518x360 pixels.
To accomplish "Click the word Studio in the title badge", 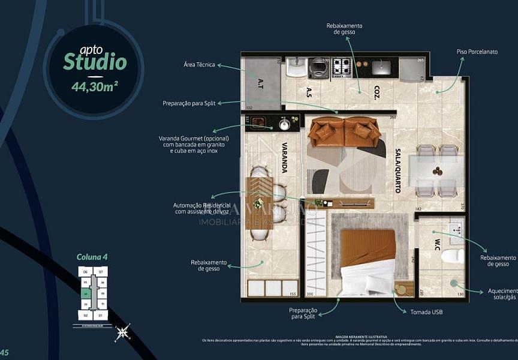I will point(95,62).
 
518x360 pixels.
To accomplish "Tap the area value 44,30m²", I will point(94,86).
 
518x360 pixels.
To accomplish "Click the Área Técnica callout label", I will point(200,64).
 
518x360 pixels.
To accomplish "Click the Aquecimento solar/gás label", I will point(502,293).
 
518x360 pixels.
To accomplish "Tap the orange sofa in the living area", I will point(344,131).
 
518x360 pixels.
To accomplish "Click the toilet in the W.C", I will point(452,256).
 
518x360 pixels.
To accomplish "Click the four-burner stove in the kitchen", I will point(342,67).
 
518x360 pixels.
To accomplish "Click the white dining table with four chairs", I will point(437,171).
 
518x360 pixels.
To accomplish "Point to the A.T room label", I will point(261,83).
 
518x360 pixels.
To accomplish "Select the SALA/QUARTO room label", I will point(397,171).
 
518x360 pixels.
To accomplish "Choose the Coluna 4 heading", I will point(92,257).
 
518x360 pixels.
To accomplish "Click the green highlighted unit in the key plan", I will point(86,293).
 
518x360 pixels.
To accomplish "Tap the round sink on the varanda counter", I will point(284,124).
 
